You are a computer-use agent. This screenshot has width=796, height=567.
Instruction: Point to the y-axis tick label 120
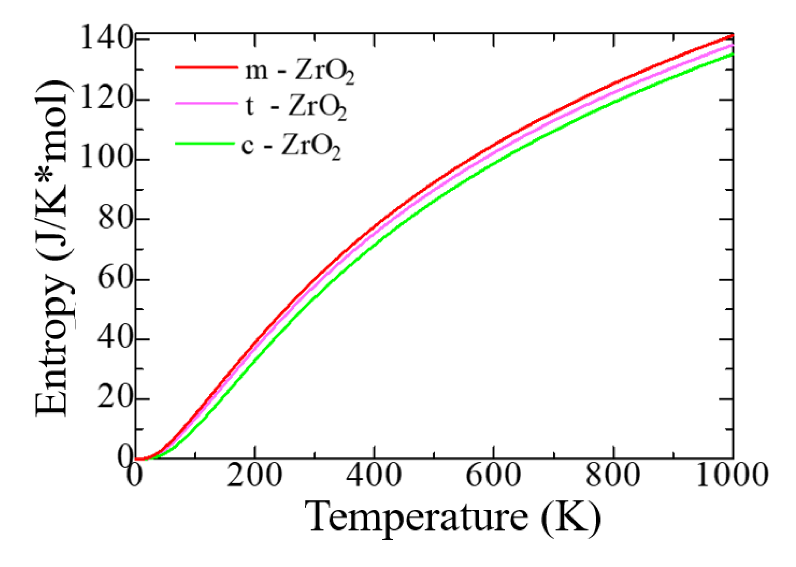pyautogui.click(x=107, y=99)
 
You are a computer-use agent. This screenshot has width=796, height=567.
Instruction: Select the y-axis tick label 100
pyautogui.click(x=107, y=159)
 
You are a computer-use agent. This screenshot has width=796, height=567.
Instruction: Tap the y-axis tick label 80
pyautogui.click(x=115, y=219)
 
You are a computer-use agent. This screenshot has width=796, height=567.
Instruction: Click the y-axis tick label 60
pyautogui.click(x=115, y=279)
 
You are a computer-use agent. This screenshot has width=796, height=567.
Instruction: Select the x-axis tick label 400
pyautogui.click(x=374, y=476)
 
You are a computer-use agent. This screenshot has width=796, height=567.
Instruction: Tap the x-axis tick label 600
pyautogui.click(x=493, y=476)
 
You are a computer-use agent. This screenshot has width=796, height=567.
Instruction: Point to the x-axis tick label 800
pyautogui.click(x=613, y=476)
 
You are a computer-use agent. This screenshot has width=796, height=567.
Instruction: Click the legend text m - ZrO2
pyautogui.click(x=299, y=72)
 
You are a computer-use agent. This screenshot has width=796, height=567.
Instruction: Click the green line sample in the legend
pyautogui.click(x=205, y=143)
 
